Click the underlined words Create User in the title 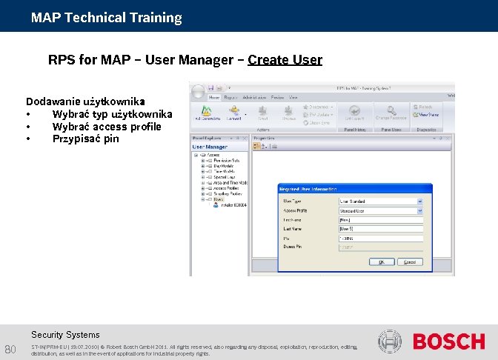pos(285,59)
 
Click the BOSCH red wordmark pos(448,341)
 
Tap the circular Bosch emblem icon pos(391,341)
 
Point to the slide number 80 pos(11,350)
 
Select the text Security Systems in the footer pos(65,335)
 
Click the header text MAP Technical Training pos(107,17)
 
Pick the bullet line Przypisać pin pos(85,139)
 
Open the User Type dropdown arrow pos(419,201)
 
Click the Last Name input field pos(379,229)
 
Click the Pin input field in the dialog pos(379,239)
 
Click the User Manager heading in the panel pos(210,147)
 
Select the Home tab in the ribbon pos(214,97)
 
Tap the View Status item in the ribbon pos(428,115)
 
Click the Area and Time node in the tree pos(229,182)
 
